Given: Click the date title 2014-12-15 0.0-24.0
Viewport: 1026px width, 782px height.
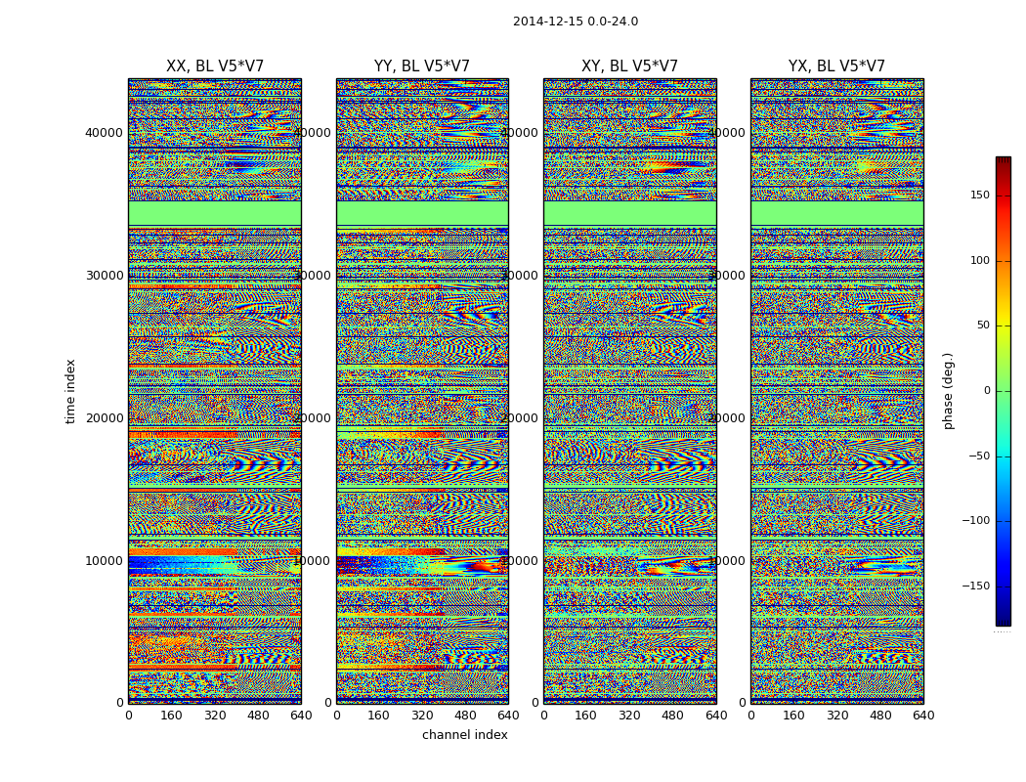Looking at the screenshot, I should [x=576, y=22].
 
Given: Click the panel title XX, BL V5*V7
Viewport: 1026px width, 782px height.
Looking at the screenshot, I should [x=215, y=66].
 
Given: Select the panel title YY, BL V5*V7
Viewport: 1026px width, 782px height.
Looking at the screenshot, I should [x=422, y=66].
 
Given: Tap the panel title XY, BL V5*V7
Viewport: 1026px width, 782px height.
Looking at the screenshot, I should [x=629, y=66].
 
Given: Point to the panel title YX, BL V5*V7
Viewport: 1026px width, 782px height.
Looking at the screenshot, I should [x=836, y=66].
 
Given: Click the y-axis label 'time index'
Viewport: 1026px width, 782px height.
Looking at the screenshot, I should [x=70, y=390].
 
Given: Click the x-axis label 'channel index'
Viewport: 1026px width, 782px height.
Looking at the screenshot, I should [x=465, y=735].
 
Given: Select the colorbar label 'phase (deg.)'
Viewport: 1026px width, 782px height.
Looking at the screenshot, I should [x=948, y=390].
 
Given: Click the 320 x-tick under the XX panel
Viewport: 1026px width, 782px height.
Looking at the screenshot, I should [x=215, y=716].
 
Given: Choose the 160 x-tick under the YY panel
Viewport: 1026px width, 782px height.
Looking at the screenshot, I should [x=379, y=716].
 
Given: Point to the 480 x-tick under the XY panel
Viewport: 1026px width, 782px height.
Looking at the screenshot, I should [x=673, y=716].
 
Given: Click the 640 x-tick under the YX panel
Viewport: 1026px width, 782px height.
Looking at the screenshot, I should [x=923, y=716].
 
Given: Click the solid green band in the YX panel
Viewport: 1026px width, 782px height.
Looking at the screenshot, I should [x=836, y=212].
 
